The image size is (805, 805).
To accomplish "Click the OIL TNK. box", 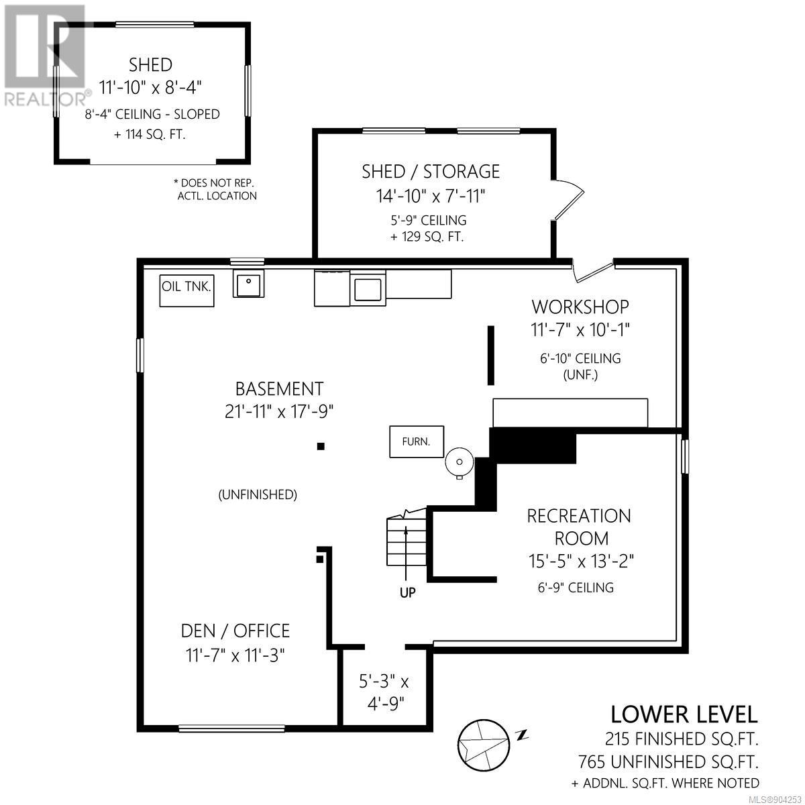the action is coord(186,290).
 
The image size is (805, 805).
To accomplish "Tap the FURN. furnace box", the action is coord(417,441).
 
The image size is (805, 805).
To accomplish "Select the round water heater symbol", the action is coord(460,462).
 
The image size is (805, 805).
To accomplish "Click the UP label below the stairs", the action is coord(407,592).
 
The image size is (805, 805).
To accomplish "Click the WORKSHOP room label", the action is coord(580,307).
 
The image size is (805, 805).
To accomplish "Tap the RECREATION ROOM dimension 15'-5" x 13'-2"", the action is coord(581,561).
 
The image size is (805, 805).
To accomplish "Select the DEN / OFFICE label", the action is coord(235,631).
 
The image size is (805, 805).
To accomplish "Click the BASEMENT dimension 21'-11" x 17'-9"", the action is coord(278,412).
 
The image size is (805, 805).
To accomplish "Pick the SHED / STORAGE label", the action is coord(431,172).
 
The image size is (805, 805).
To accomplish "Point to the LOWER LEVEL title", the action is coord(684,714).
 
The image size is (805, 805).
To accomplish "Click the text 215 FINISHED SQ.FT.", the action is coord(682,739).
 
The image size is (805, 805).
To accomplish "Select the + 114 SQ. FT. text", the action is coord(150,135).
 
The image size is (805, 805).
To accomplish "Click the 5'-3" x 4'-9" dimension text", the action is coord(384,694).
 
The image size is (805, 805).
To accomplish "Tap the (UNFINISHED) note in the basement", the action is coord(258,494).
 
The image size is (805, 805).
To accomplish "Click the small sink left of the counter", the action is coord(249,284).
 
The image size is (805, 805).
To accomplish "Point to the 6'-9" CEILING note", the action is coord(576,588).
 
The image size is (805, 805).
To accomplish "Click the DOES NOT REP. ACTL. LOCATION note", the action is coord(215,189).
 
